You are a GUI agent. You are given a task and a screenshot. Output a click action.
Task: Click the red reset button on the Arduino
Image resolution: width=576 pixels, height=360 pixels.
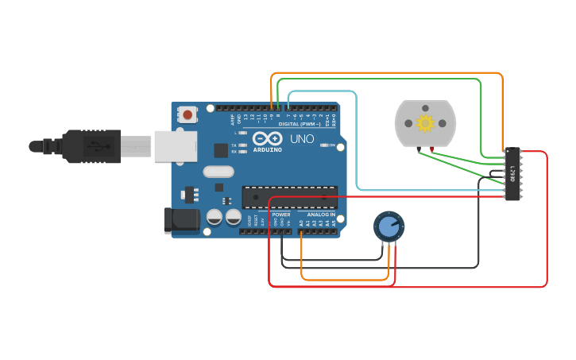click(187, 115)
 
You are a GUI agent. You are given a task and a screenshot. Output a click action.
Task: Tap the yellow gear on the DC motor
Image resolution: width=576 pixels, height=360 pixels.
click(425, 123)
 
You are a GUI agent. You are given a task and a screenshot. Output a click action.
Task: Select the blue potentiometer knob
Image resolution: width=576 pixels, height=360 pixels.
click(389, 227)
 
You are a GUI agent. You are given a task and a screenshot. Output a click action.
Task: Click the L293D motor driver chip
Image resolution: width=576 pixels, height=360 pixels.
click(513, 174)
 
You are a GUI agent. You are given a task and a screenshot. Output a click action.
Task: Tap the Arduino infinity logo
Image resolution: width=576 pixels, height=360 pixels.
click(267, 138)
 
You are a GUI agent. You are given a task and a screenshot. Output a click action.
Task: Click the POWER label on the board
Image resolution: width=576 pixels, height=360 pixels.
click(281, 215)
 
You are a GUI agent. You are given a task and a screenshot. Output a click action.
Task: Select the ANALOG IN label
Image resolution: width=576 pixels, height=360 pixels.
click(321, 215)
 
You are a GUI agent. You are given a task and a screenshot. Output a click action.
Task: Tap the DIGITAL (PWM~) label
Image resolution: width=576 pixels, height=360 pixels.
click(300, 124)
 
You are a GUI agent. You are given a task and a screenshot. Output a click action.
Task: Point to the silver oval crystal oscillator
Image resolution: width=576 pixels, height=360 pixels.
click(218, 171)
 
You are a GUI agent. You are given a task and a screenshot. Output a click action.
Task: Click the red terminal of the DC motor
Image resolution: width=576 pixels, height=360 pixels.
click(431, 149)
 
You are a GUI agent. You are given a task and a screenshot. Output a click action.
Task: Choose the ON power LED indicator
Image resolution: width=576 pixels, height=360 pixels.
click(324, 145)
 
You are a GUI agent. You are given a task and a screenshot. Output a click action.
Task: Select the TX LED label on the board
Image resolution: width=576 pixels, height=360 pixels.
click(233, 145)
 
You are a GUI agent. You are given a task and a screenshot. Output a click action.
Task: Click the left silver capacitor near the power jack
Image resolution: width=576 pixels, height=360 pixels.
click(215, 217)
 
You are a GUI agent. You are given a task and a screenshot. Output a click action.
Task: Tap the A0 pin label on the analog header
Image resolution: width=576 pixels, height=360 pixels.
click(301, 224)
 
